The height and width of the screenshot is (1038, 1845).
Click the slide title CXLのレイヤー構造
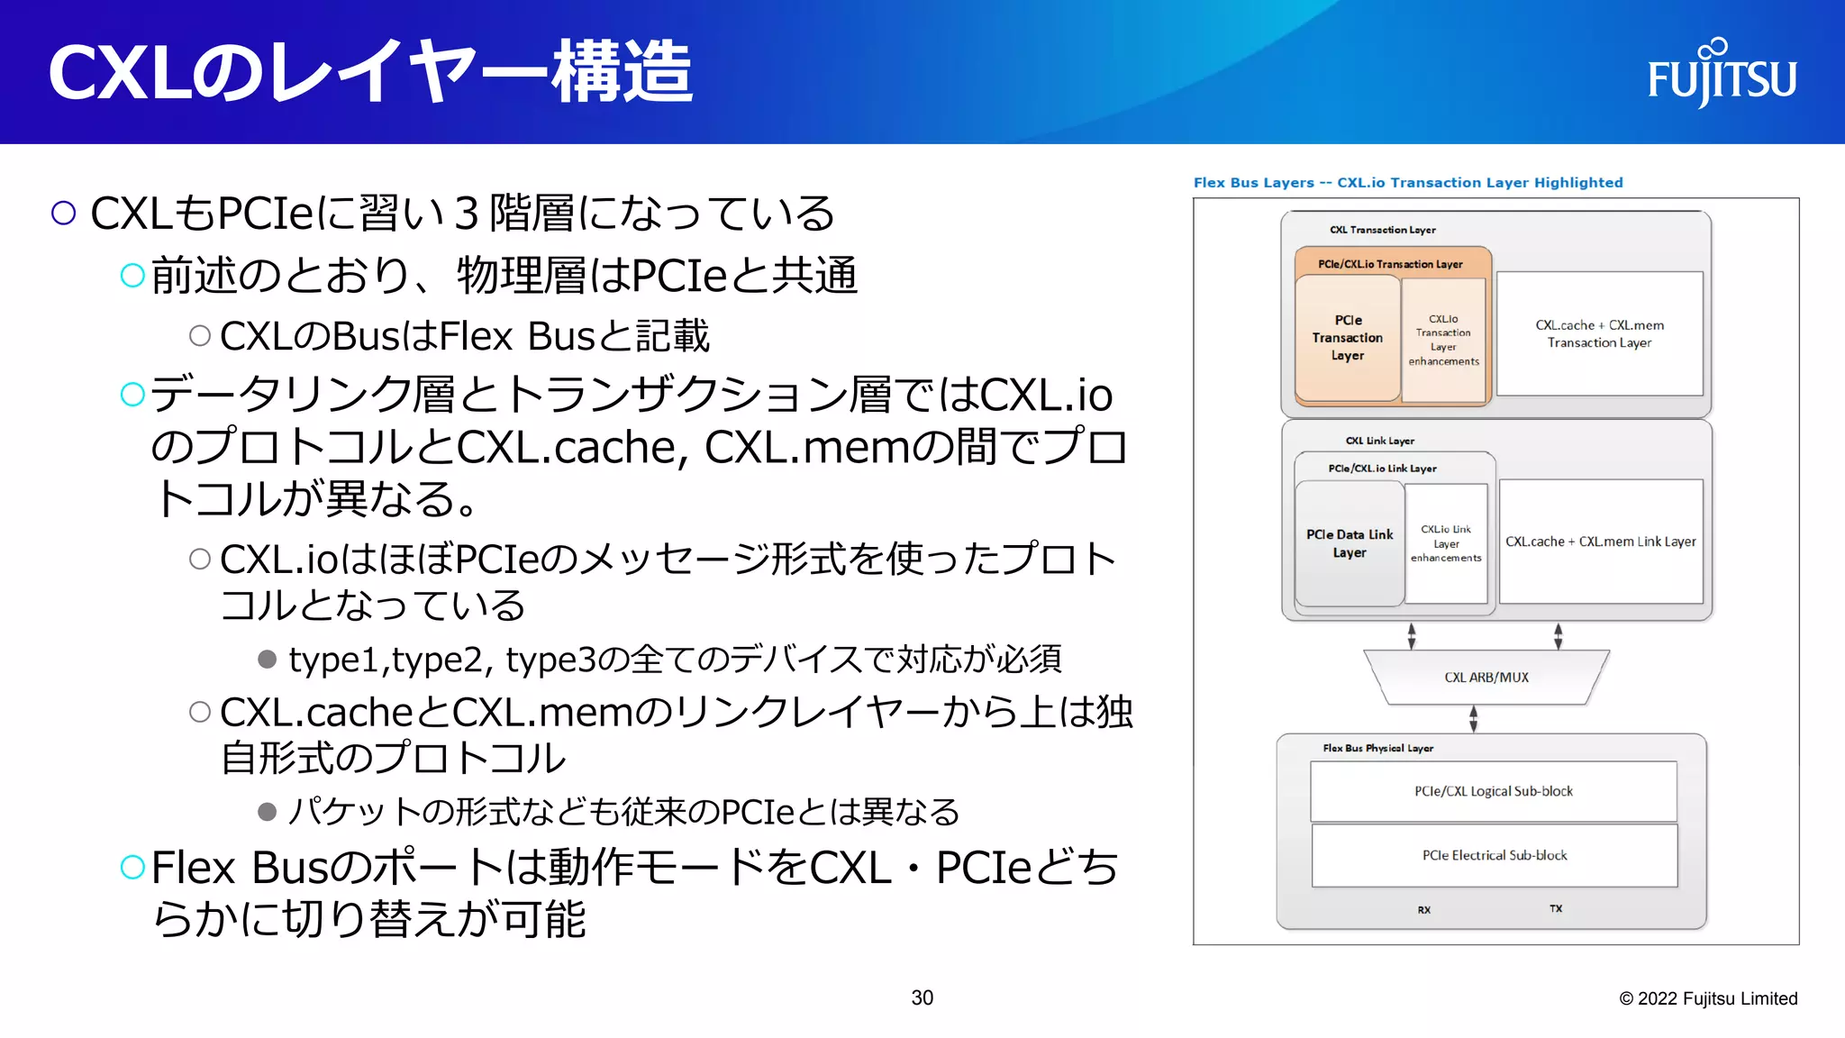pos(369,72)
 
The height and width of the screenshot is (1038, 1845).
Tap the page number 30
pos(922,997)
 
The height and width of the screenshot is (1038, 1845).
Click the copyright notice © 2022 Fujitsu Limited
pos(1708,998)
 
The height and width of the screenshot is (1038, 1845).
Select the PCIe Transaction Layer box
pos(1348,338)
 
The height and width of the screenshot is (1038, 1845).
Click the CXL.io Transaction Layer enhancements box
pos(1443,340)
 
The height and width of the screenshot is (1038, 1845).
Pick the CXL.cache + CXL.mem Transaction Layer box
pos(1599,334)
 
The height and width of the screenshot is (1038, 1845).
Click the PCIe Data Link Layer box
pos(1349,543)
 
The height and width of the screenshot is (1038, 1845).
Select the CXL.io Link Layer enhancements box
pos(1446,543)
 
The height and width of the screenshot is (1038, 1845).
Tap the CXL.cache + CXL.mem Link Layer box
pos(1600,542)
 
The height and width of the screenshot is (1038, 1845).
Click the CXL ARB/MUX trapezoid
pos(1486,678)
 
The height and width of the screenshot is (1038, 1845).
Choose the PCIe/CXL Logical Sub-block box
pos(1493,791)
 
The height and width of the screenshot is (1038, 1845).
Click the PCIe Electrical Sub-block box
pos(1495,855)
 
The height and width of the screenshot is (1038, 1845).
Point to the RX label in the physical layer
pos(1424,910)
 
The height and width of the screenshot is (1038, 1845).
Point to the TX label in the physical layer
pos(1556,908)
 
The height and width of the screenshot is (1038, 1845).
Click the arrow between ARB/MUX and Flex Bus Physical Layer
pos(1474,719)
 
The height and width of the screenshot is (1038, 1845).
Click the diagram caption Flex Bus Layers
pos(1407,182)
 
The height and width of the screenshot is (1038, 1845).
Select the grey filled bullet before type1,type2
pos(267,659)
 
